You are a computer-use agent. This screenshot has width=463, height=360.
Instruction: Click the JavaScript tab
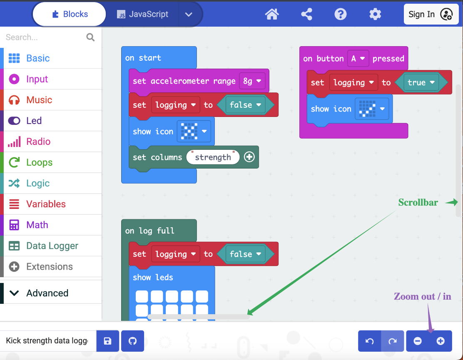[143, 14]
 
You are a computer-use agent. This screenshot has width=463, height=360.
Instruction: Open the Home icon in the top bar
[272, 14]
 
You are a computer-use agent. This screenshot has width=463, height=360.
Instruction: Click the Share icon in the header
[306, 14]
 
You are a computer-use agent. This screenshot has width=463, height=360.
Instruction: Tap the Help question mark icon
[341, 14]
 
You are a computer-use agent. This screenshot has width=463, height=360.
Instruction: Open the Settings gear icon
[375, 14]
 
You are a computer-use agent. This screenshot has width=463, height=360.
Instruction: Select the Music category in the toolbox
[39, 100]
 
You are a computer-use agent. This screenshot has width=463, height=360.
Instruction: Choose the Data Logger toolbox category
[52, 246]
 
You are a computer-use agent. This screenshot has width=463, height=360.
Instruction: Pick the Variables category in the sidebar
[46, 204]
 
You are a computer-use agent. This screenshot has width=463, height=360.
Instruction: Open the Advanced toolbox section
[47, 293]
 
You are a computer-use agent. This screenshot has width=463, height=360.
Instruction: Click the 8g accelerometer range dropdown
[252, 81]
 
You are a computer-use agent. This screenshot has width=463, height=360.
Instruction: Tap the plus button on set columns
[249, 157]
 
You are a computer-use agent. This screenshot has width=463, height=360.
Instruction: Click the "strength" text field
[213, 157]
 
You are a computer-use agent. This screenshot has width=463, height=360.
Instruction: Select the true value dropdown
[421, 82]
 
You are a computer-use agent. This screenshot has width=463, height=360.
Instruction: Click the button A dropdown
[358, 59]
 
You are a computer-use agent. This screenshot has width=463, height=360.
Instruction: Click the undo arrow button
[369, 341]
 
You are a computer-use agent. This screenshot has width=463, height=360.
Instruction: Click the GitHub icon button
[132, 341]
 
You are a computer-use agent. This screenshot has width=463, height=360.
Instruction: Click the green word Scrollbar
[418, 203]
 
